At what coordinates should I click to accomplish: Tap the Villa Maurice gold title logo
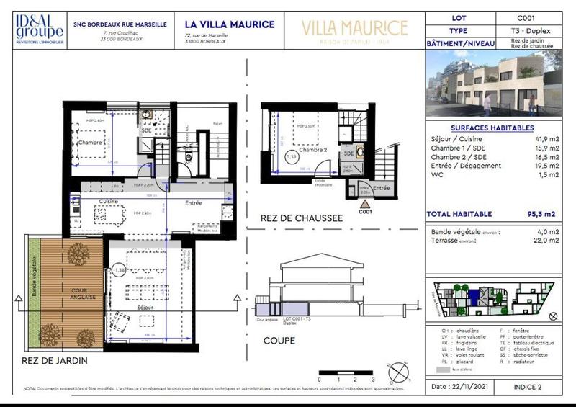coord(354,30)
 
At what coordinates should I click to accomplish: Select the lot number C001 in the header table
coord(525,17)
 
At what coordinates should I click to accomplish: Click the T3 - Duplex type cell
coord(525,30)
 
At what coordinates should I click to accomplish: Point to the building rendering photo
coord(496,83)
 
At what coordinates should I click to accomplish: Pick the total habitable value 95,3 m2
coord(541,214)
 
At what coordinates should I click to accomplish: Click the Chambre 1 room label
coord(94,143)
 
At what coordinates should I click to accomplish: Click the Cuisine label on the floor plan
coord(109,201)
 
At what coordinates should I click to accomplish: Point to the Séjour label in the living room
coord(146,307)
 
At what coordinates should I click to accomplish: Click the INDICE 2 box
coord(527,387)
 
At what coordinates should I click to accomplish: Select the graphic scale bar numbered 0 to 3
coord(346,372)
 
